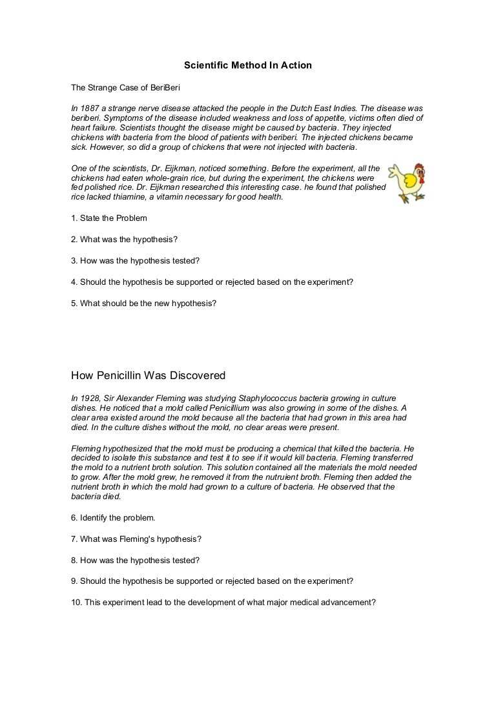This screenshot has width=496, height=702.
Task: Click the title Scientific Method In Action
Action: pos(247,65)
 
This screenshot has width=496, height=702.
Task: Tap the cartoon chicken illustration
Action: pos(408,183)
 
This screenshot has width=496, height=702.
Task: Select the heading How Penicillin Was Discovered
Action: pos(148,375)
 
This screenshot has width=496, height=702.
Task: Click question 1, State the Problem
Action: pos(109,218)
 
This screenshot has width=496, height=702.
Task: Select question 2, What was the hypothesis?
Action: pos(124,240)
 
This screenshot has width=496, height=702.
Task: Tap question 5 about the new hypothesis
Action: pos(143,303)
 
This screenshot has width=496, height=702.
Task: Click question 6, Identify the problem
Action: pos(113,517)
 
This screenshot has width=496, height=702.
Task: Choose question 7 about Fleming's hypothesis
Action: pos(136,539)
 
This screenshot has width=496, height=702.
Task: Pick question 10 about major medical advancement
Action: pos(223,602)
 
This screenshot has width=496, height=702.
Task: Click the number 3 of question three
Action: pos(74,261)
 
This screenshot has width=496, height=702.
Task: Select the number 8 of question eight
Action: pos(74,560)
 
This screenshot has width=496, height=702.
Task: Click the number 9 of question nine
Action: pos(74,581)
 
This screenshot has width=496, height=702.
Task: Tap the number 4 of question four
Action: pos(74,282)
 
